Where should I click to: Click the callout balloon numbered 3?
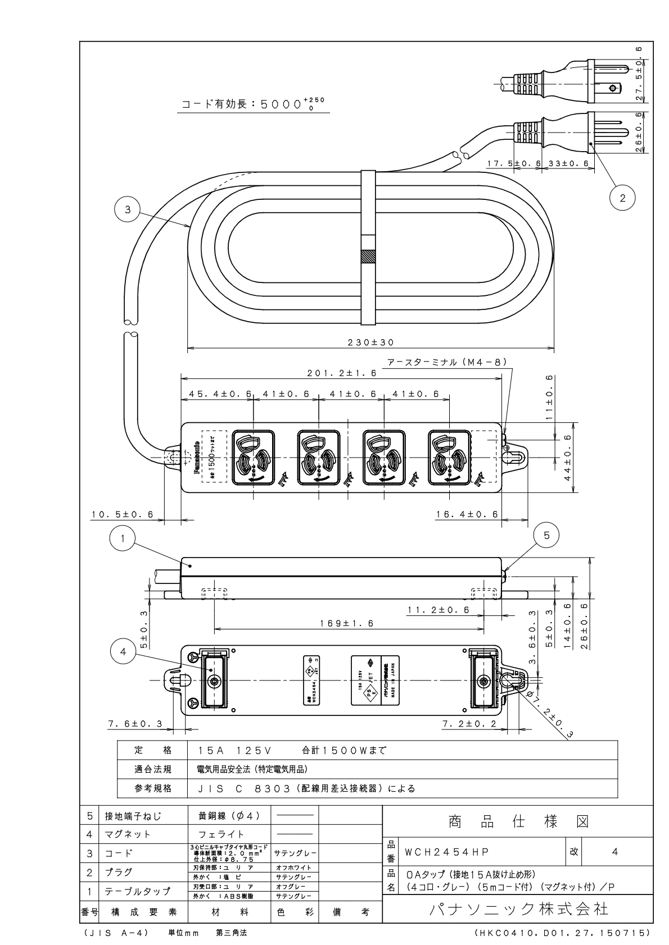point(128,209)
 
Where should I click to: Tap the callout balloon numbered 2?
point(622,198)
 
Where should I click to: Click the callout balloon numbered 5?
point(547,535)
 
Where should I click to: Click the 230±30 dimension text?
point(371,342)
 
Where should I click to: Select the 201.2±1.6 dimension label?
point(341,373)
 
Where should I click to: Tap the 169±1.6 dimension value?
point(347,623)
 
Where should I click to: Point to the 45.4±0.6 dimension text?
point(216,394)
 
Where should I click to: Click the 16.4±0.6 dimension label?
point(467,514)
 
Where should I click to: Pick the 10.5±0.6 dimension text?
point(123,514)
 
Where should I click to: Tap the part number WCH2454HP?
point(446,852)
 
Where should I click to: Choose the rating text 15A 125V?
point(236,750)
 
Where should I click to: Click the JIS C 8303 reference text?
point(306,788)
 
